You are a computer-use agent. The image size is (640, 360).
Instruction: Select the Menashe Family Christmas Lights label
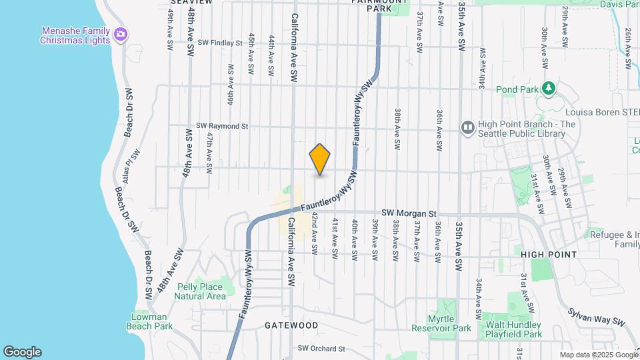tap(75, 35)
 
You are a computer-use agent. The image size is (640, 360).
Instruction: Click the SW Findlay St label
tap(220, 43)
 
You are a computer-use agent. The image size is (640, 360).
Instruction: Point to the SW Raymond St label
tap(222, 126)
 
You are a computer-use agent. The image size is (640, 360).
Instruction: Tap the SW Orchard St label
tap(321, 348)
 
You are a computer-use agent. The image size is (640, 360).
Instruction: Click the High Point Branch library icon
tap(468, 126)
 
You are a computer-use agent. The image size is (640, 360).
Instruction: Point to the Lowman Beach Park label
tap(150, 321)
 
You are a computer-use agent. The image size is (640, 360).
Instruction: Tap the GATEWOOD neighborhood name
tap(291, 325)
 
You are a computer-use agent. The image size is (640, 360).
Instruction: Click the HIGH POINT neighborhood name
tap(549, 255)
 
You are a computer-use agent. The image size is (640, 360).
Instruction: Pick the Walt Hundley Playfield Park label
tap(513, 328)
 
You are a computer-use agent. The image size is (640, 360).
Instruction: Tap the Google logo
tap(22, 352)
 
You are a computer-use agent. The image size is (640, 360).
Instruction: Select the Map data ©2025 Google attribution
tap(597, 355)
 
